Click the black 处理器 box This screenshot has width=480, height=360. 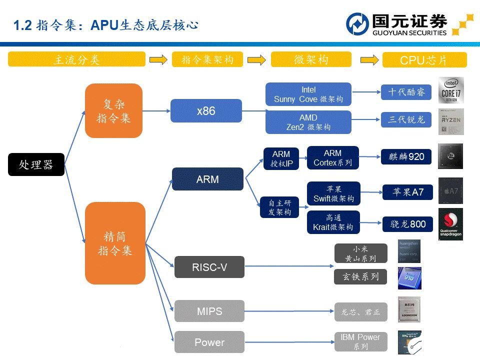36,164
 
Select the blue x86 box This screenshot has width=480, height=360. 206,111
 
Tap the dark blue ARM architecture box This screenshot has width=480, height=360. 207,179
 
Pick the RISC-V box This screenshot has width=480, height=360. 209,267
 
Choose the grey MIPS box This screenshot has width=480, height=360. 209,311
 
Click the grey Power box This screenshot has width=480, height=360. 209,342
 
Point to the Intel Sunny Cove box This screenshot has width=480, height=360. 308,94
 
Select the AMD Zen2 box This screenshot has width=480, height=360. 308,122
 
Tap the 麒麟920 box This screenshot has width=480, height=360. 406,157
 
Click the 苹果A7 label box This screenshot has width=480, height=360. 407,192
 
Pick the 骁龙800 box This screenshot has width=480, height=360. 407,224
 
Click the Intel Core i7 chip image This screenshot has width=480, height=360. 451,90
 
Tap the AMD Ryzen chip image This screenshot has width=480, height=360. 451,121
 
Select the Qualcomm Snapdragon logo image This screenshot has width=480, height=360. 450,224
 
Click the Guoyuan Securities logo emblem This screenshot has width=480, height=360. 358,24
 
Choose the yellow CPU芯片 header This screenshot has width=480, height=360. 424,60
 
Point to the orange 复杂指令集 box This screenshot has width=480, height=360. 113,110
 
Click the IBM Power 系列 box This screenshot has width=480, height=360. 360,342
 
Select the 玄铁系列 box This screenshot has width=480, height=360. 360,276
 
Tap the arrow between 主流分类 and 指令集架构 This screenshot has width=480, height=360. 158,59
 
